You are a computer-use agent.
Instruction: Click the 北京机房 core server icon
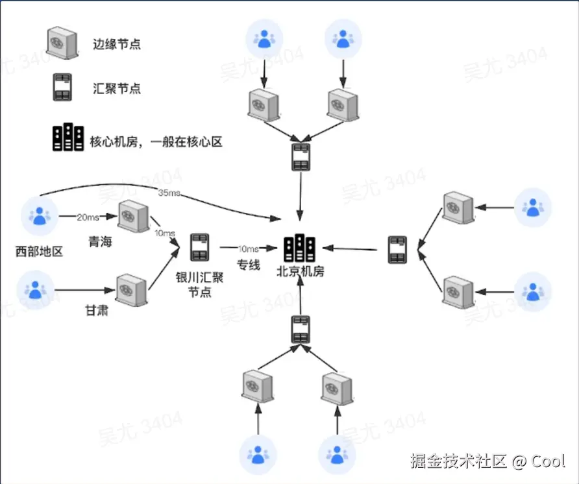(x=300, y=247)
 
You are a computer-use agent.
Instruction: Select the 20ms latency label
(x=88, y=217)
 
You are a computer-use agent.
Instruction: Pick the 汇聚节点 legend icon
(x=62, y=88)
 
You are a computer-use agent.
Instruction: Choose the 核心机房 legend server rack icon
(x=68, y=138)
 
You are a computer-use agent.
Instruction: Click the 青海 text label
(x=101, y=242)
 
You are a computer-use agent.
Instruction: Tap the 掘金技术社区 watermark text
(x=458, y=461)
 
